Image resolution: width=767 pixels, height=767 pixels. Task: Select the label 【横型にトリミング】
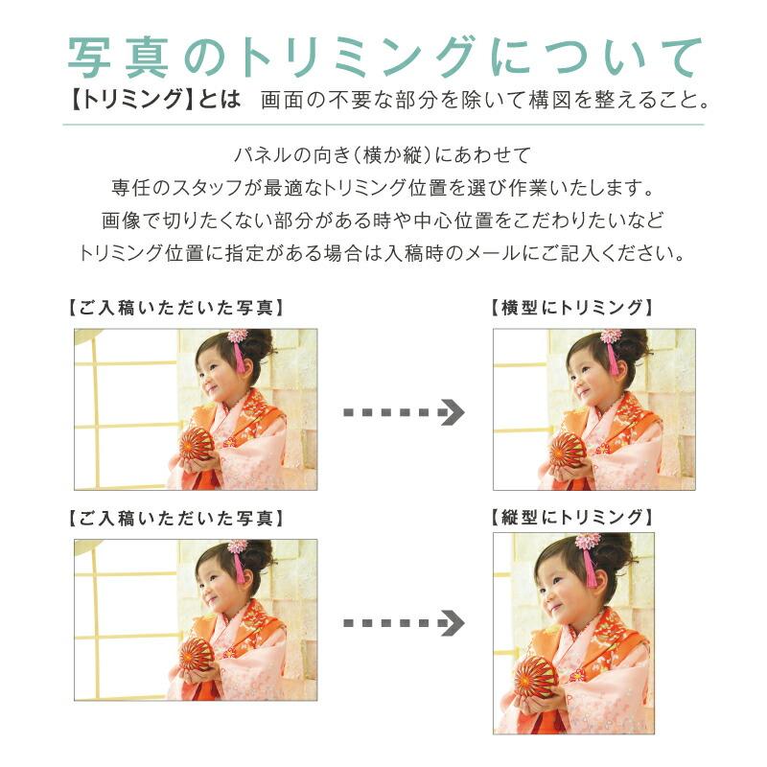click(x=572, y=308)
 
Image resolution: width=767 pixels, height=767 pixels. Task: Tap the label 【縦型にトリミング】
click(x=572, y=517)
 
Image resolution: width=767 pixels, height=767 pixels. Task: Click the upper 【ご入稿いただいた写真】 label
click(x=176, y=308)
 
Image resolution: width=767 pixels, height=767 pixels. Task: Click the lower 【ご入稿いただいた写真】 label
click(x=176, y=518)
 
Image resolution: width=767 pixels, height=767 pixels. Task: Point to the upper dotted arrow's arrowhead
click(x=453, y=413)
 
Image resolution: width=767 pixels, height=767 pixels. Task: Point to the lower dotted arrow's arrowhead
click(x=453, y=623)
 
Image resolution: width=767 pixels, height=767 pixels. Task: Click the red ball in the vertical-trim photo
click(x=536, y=678)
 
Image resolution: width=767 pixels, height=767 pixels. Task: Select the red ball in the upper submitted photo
click(x=198, y=444)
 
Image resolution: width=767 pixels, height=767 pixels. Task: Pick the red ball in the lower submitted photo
click(x=197, y=654)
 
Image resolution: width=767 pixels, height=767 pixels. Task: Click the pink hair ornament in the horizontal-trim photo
click(x=610, y=337)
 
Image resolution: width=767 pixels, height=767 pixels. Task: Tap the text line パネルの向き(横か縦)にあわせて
click(x=383, y=154)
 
